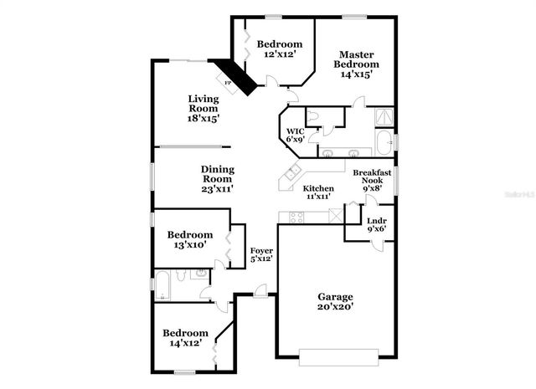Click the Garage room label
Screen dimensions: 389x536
point(335,297)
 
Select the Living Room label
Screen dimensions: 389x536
point(203,103)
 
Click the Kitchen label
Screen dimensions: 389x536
point(317,188)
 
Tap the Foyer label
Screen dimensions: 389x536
point(261,251)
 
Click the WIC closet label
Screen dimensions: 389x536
point(295,131)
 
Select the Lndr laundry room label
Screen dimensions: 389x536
point(376,222)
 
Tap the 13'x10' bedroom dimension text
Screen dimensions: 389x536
point(189,245)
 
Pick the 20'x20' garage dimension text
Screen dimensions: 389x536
point(335,307)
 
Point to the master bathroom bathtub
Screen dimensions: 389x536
point(384,144)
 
